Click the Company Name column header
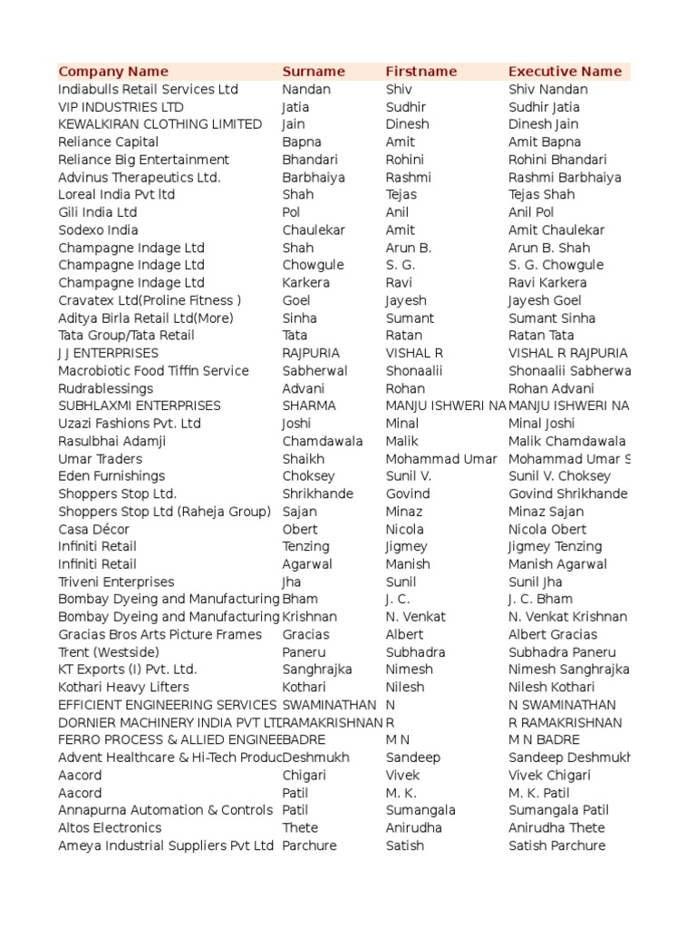(113, 72)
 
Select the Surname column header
(314, 72)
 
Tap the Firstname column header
(421, 72)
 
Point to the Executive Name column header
(565, 72)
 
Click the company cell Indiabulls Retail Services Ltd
(148, 89)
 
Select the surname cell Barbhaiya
(314, 177)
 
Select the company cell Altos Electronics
(110, 827)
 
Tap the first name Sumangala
(420, 810)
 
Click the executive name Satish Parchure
(556, 846)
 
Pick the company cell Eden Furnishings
(111, 476)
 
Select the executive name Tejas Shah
(541, 194)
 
